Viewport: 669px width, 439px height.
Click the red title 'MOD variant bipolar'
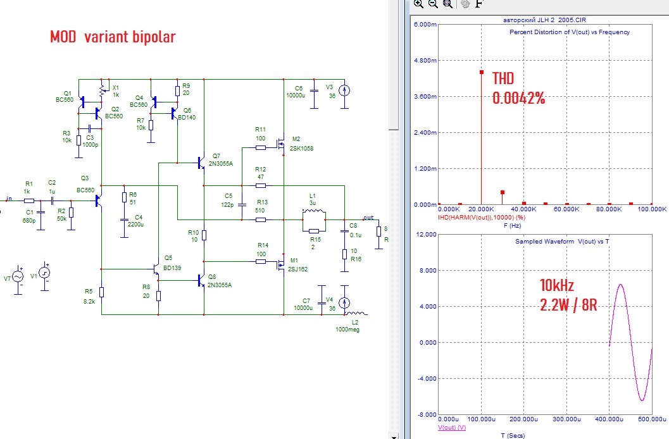tap(113, 37)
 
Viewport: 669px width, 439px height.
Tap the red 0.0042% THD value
tap(519, 99)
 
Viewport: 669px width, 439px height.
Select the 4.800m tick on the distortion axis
tap(422, 61)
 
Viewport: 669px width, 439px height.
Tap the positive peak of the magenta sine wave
tap(621, 285)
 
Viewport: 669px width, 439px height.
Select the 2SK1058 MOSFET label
tap(301, 149)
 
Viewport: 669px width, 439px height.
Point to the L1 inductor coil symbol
tap(313, 211)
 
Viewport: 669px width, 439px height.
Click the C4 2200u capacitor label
tap(134, 220)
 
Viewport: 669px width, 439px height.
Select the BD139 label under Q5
tap(172, 267)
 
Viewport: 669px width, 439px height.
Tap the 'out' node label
tap(368, 216)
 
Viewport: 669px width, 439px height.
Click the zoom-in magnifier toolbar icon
tap(418, 4)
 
